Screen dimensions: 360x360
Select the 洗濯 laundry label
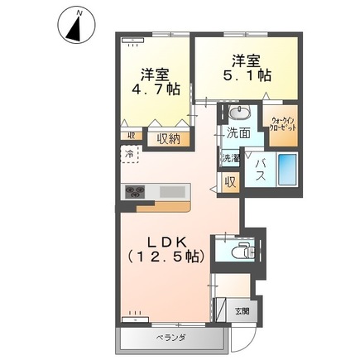click(x=230, y=156)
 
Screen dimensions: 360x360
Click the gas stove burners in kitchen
click(x=135, y=192)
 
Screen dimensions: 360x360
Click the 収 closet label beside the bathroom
click(x=231, y=181)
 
